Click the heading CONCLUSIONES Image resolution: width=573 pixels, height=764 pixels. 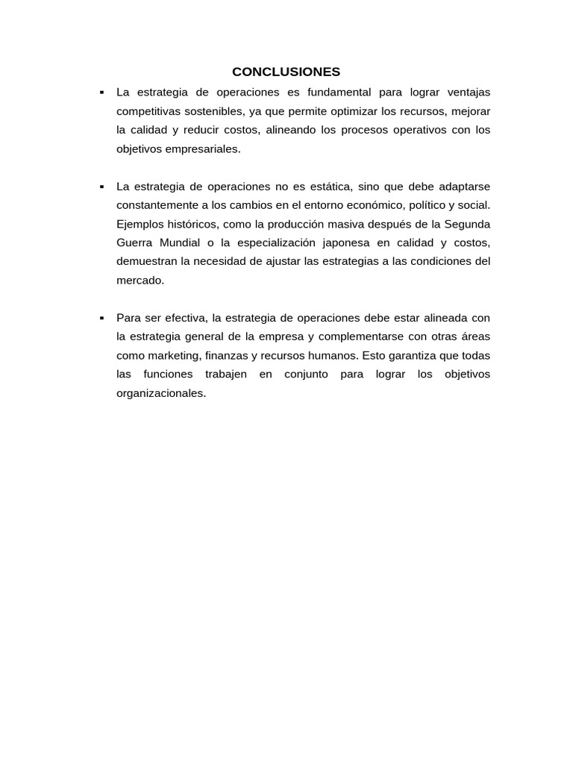pyautogui.click(x=286, y=72)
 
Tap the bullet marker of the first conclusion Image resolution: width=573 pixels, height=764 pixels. pyautogui.click(x=101, y=93)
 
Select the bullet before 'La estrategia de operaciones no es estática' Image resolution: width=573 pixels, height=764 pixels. pyautogui.click(x=101, y=187)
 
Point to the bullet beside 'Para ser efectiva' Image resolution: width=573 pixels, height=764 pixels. pyautogui.click(x=101, y=318)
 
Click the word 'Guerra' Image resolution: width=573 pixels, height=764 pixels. pyautogui.click(x=134, y=242)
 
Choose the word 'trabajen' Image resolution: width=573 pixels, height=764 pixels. pyautogui.click(x=226, y=374)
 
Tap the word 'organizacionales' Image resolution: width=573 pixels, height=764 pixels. pyautogui.click(x=160, y=393)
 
